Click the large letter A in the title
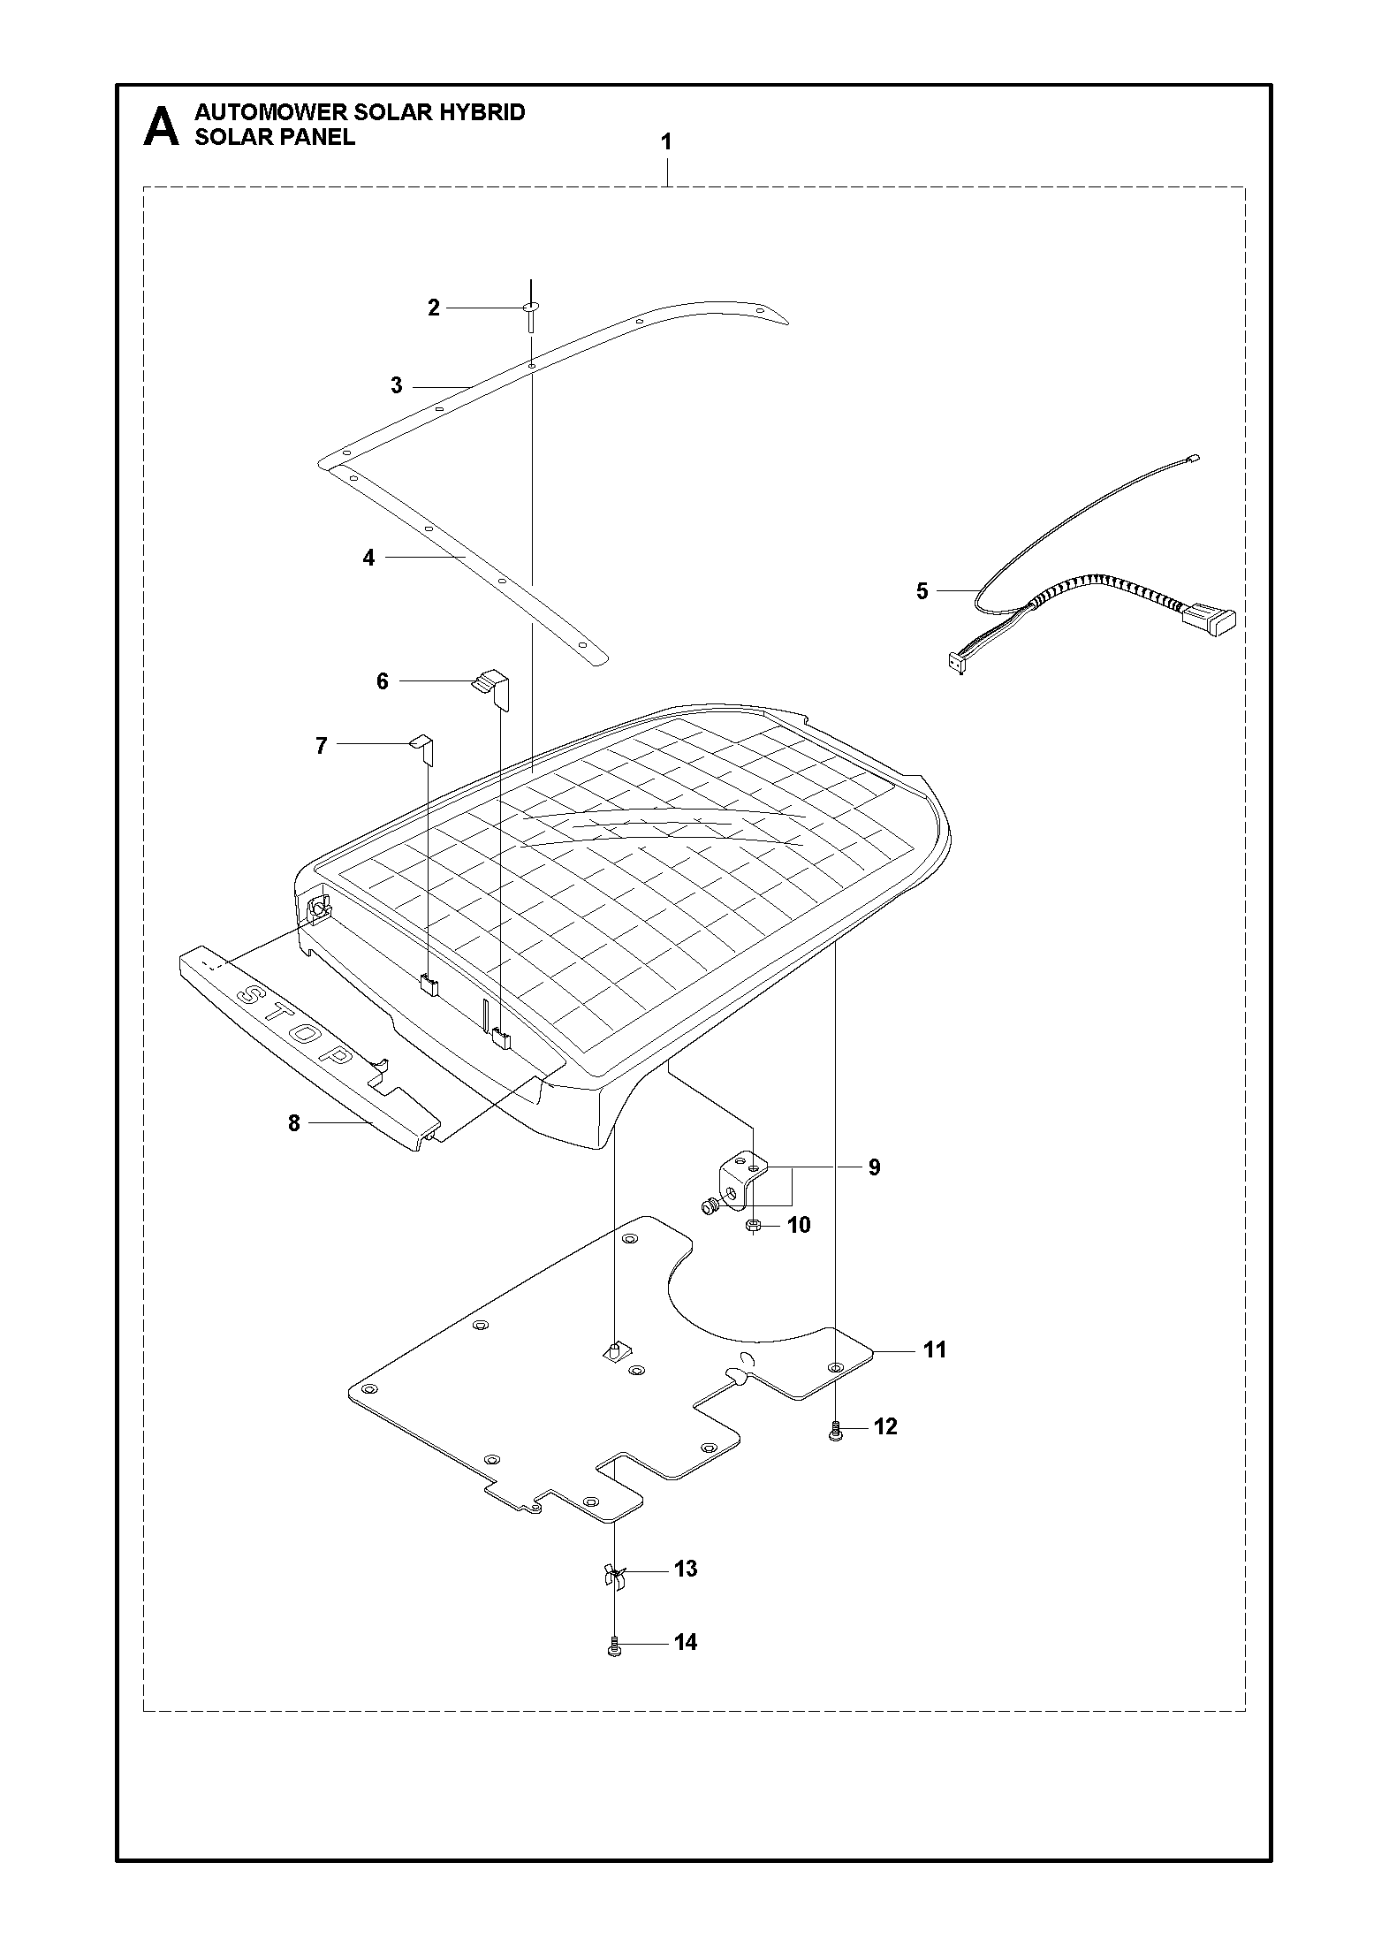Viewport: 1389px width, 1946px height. pos(160,126)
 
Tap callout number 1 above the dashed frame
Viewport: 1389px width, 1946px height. pos(666,141)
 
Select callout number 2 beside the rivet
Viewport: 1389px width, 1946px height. pos(433,308)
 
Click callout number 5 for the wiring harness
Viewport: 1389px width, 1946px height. pos(922,590)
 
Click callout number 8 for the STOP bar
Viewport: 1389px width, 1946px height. pos(294,1123)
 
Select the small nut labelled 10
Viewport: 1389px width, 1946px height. pos(753,1225)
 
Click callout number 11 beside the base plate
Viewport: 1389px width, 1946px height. pos(934,1374)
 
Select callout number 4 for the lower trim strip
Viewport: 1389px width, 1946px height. pos(368,558)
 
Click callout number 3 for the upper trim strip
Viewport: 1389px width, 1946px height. pos(397,386)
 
